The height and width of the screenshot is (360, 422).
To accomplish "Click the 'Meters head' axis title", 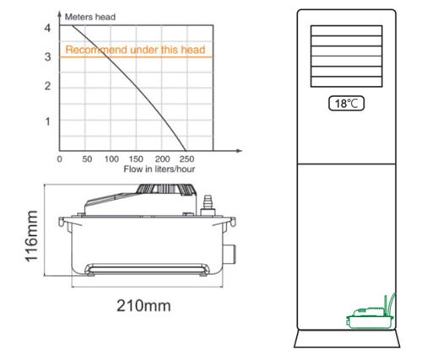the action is click(90, 17).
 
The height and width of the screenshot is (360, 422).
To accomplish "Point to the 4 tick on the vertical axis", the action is click(47, 28).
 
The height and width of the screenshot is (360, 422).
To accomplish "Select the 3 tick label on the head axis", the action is click(48, 57).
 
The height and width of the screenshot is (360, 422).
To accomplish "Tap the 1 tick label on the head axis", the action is click(48, 121).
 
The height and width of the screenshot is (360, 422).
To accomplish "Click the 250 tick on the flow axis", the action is click(187, 159).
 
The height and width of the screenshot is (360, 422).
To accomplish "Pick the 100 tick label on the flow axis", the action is click(111, 159).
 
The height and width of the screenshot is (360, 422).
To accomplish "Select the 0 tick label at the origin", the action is click(59, 159).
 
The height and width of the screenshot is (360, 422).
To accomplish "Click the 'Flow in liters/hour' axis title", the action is click(160, 169).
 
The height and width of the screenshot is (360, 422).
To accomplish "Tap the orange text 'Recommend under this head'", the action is click(135, 50).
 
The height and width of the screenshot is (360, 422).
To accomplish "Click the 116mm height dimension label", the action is click(31, 236).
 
